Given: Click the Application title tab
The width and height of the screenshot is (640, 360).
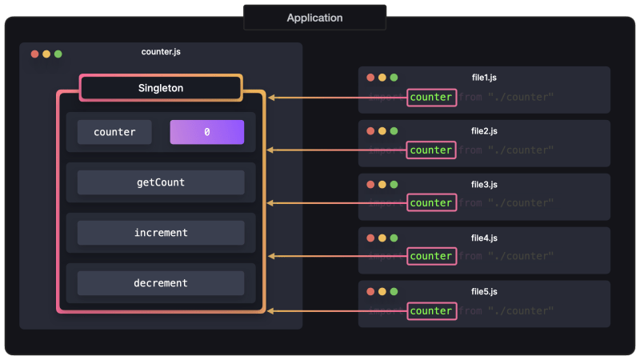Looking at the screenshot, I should tap(314, 18).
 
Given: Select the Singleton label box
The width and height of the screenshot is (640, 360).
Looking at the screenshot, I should tap(161, 88).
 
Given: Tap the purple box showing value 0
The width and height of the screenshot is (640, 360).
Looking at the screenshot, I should tap(206, 132).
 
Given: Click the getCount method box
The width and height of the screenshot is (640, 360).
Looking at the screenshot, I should tap(161, 182).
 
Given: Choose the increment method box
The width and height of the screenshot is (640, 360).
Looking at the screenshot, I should tap(161, 233).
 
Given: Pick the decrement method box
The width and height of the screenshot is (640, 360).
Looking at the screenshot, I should tap(161, 283).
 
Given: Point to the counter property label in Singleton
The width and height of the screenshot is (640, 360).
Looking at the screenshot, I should tap(114, 132).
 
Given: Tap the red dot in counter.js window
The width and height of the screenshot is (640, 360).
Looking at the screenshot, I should tap(34, 54).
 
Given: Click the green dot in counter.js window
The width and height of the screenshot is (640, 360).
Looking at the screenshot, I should tap(58, 54).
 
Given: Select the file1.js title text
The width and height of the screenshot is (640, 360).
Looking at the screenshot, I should tap(485, 78).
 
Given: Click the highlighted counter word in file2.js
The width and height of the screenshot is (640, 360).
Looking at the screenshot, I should tap(431, 150).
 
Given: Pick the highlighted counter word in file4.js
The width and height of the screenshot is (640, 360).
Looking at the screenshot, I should tap(431, 256).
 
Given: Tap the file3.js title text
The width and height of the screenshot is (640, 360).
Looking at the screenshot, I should tap(485, 184).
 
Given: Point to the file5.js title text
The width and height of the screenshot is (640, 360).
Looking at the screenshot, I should tap(485, 291).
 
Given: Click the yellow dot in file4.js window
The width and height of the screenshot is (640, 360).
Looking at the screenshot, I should tap(382, 238).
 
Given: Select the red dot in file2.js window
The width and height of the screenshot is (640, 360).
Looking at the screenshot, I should tap(370, 131).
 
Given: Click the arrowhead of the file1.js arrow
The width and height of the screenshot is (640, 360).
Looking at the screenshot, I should tap(272, 98).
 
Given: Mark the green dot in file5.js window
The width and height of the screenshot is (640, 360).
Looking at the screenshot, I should tap(394, 292).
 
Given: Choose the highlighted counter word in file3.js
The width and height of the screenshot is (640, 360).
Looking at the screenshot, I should tap(431, 203).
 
